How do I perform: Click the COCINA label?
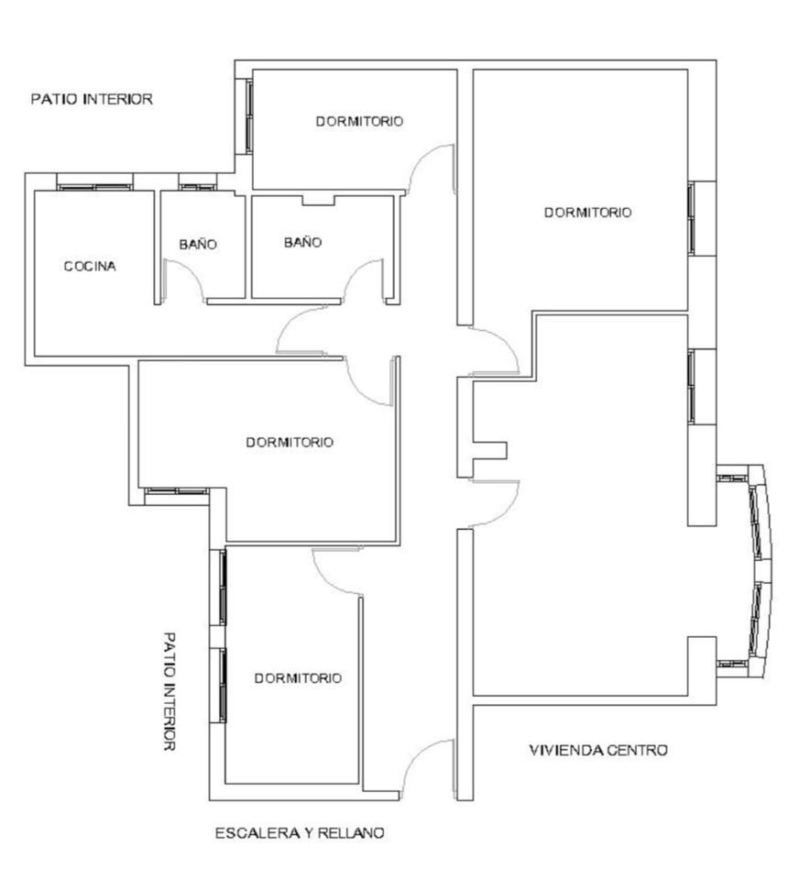coord(90,266)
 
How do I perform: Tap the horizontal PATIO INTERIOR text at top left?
coord(92,99)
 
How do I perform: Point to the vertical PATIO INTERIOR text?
coord(169,691)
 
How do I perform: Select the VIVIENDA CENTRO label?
coord(598,750)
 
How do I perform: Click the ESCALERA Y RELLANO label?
coord(301,833)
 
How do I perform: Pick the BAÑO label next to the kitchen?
coord(198,244)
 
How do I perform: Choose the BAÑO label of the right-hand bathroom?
coord(303,242)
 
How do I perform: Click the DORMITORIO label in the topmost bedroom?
coord(360,121)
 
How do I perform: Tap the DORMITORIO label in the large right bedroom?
coord(588,212)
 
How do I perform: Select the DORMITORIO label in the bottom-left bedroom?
coord(298,678)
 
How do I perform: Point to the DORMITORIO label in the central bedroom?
coord(290,442)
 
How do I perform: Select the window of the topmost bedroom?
coord(248,115)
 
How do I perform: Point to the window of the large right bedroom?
coord(692,218)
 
